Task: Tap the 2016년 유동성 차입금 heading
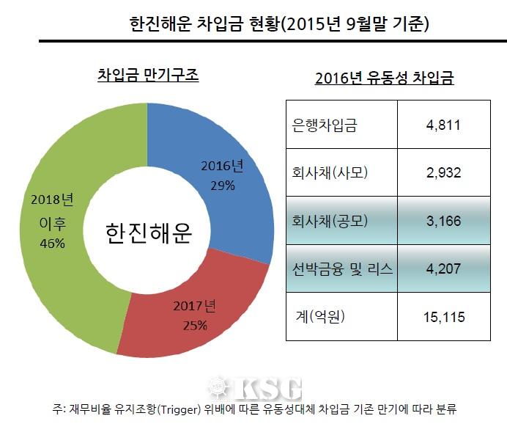click(384, 78)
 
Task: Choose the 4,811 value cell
click(443, 125)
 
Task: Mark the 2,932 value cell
click(443, 172)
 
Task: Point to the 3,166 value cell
click(443, 221)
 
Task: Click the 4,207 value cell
click(443, 268)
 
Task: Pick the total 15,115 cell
click(443, 316)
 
